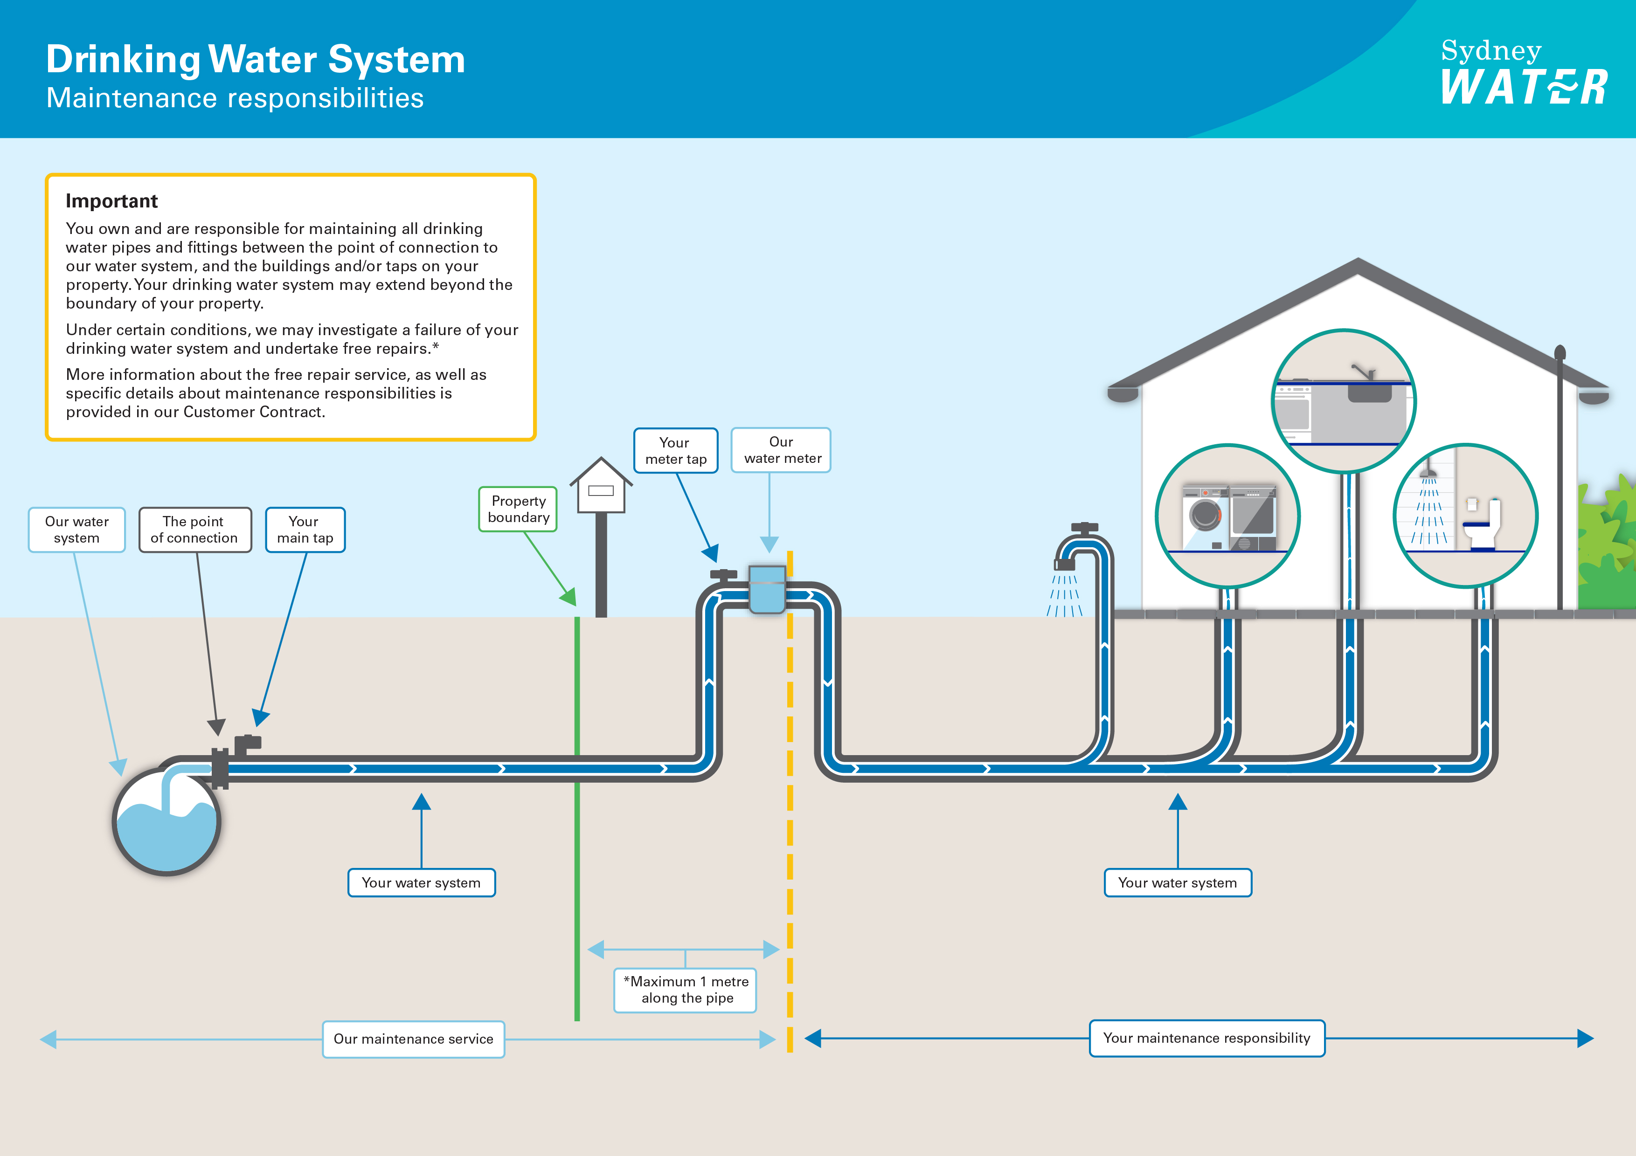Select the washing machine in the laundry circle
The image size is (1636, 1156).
(x=1206, y=518)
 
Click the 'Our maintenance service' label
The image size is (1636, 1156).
(x=413, y=1039)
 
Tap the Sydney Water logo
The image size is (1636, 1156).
(x=1524, y=71)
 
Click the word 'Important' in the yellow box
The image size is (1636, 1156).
(x=112, y=201)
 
